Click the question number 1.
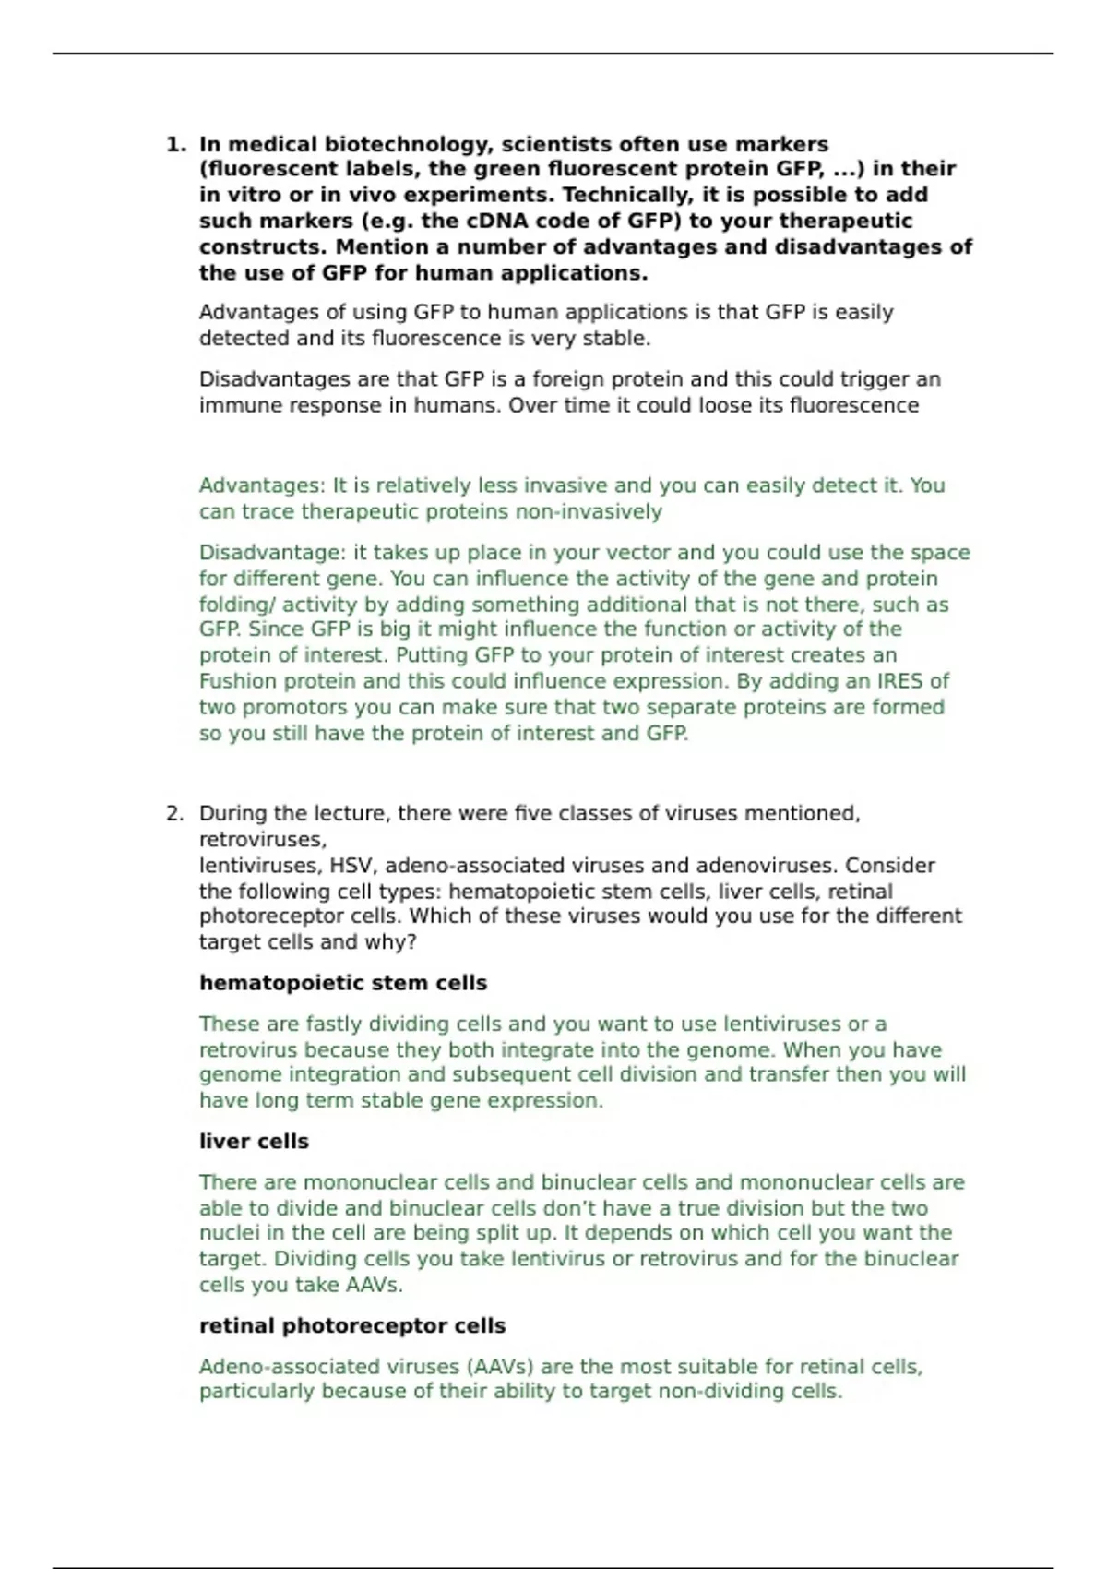(174, 145)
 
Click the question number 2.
(174, 814)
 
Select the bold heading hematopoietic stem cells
(343, 984)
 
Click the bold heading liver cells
(254, 1142)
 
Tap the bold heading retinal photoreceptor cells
(352, 1326)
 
